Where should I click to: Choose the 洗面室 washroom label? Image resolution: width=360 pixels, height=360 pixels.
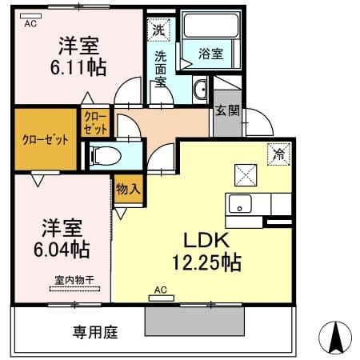coord(160,69)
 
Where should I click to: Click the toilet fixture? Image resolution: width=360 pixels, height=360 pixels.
coord(104,154)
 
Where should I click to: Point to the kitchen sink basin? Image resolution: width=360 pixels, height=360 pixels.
coord(240,203)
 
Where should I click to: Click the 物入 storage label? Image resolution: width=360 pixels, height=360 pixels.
coord(127,190)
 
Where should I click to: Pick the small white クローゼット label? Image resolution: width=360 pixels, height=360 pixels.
coord(94,124)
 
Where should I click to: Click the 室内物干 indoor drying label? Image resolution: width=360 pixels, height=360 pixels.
coord(74,279)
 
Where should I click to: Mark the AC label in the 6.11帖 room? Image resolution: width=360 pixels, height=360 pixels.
coord(30,23)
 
